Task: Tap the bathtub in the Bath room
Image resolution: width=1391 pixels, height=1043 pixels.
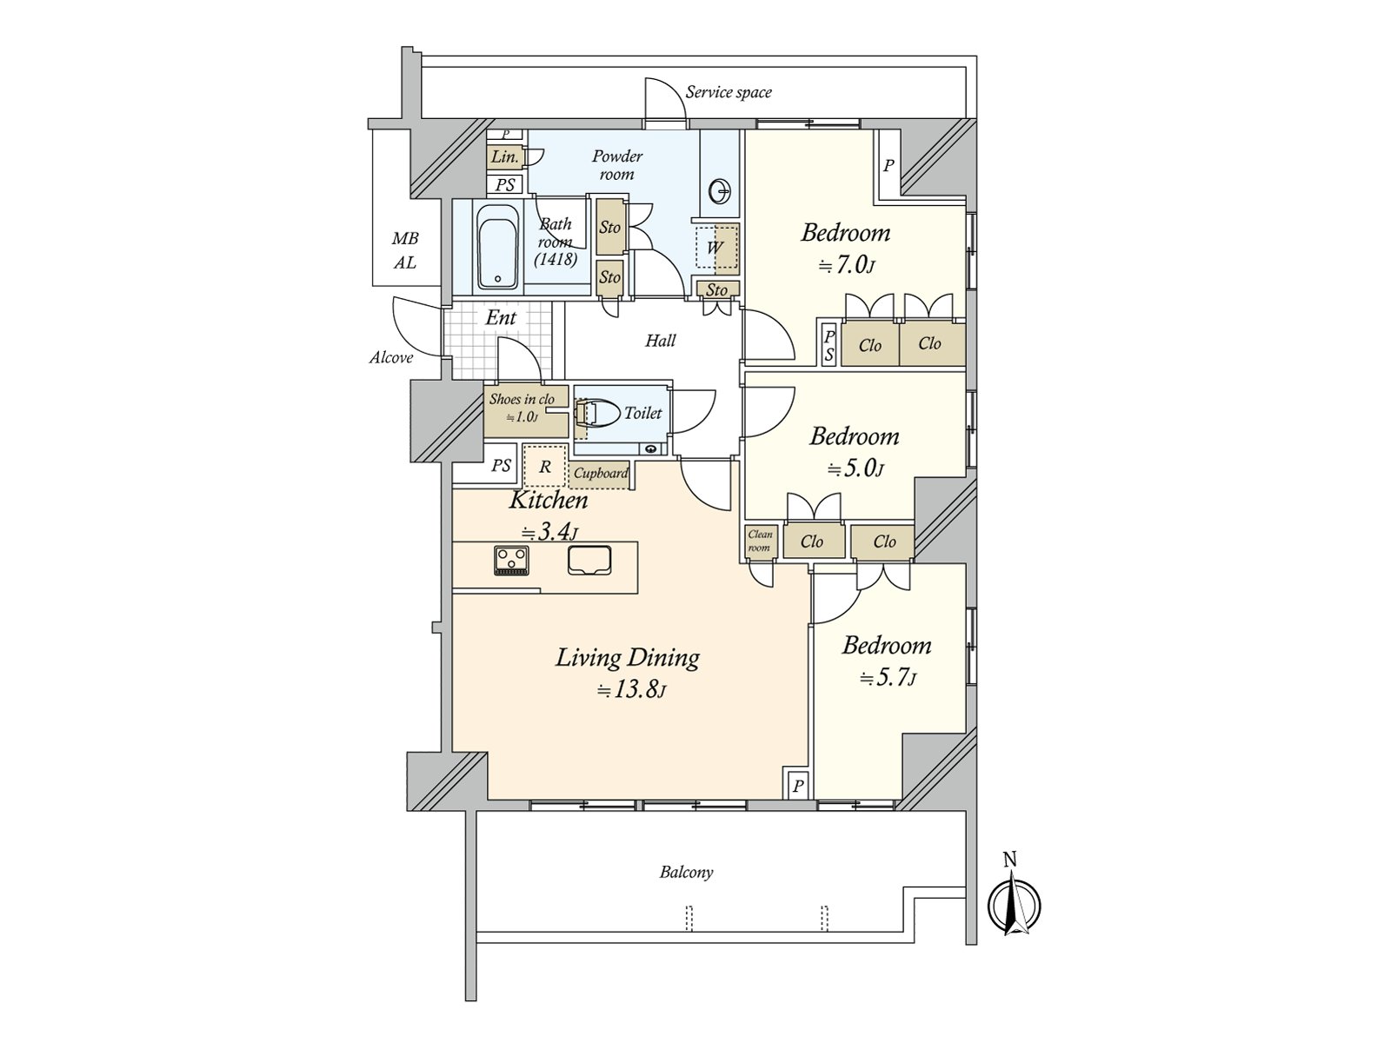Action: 497,247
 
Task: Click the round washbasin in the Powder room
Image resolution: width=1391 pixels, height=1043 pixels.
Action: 721,191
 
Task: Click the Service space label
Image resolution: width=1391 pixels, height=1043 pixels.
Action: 729,92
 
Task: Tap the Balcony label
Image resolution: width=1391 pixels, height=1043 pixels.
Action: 686,872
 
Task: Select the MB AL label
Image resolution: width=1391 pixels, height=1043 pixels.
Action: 405,251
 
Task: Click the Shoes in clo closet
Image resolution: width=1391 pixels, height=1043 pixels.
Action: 525,411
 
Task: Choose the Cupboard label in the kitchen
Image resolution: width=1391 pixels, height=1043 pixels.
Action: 601,473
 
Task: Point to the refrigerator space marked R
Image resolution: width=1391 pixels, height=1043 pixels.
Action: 545,467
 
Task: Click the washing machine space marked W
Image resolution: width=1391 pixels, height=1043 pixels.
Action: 716,247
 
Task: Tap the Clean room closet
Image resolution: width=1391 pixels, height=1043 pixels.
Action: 759,541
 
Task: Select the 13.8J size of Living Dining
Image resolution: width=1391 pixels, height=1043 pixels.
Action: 631,689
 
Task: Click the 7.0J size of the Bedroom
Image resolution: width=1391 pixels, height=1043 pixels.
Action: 846,265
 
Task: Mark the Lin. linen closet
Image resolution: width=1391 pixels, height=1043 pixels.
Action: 505,156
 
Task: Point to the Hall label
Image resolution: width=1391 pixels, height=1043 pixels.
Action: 661,341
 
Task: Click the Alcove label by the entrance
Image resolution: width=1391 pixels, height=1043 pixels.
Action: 391,358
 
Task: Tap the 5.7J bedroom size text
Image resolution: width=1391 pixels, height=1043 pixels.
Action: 888,678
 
